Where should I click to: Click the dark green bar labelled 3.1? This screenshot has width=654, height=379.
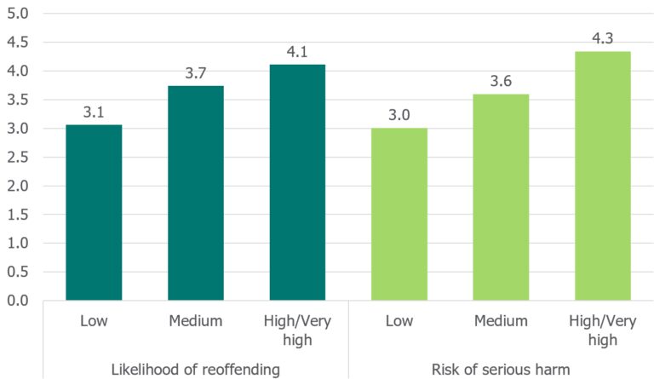point(94,212)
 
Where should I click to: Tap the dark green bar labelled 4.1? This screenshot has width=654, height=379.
point(297,182)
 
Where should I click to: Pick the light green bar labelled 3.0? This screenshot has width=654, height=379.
point(399,214)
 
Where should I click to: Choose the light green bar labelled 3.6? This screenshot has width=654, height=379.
point(501,197)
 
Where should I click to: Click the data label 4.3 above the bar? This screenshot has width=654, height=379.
point(603,38)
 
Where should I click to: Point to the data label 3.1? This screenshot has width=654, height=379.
point(94,112)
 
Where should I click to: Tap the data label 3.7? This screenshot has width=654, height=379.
point(195,73)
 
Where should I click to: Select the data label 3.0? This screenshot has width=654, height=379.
point(399,116)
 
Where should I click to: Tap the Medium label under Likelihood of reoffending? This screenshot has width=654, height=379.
point(195,321)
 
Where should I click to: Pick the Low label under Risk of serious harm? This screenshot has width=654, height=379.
point(399,321)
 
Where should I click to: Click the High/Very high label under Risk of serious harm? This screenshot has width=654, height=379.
point(603,330)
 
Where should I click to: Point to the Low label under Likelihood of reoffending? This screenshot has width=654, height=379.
point(94,321)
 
